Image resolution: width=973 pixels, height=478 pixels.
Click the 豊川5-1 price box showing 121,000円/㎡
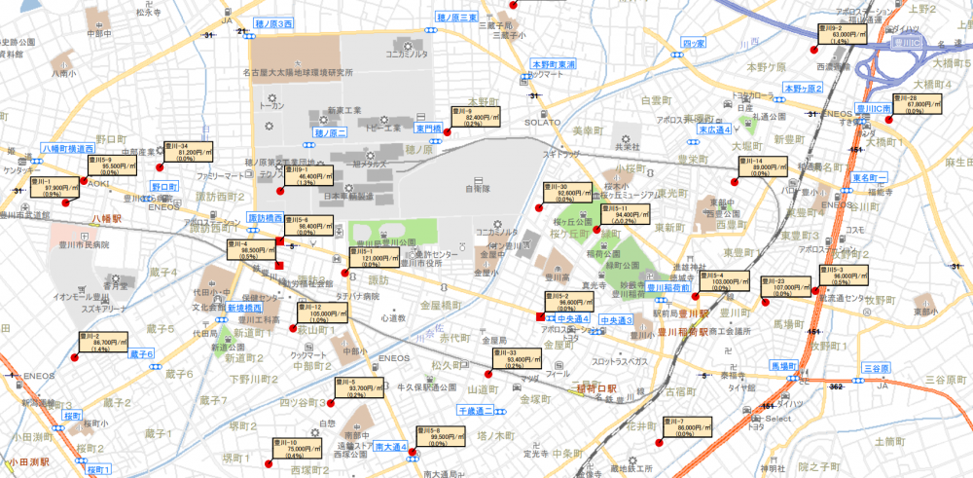[x=371, y=258]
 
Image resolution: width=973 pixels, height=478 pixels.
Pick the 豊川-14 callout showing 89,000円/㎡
[x=763, y=165]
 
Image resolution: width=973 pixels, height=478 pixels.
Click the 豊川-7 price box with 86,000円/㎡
[x=685, y=425]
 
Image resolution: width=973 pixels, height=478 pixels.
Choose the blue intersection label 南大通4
[x=390, y=447]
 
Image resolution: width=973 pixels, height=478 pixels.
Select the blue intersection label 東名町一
[x=872, y=179]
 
